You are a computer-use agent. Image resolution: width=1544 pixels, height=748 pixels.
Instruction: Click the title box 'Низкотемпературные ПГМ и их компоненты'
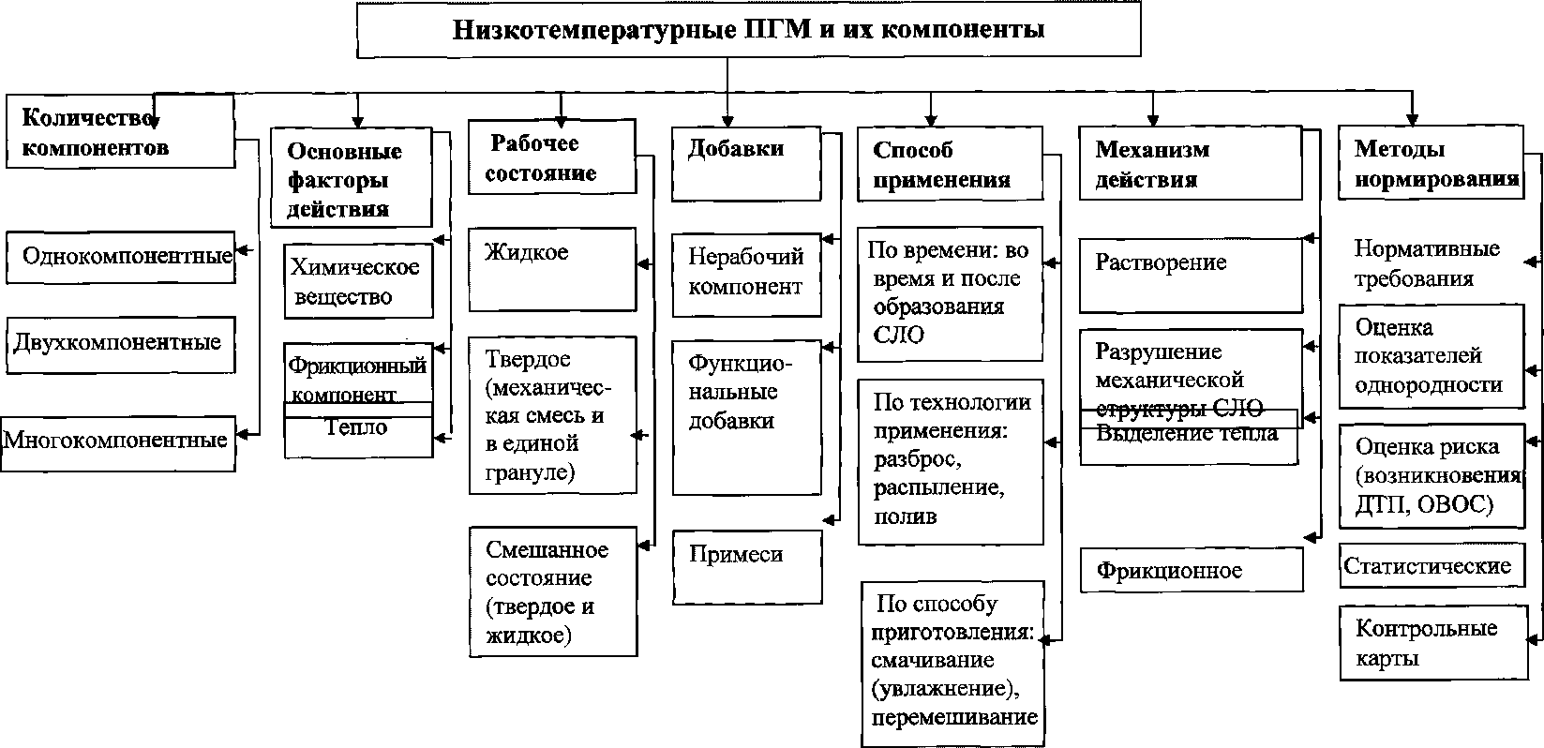click(747, 30)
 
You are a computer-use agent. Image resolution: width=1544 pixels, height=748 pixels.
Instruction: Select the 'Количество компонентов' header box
click(119, 132)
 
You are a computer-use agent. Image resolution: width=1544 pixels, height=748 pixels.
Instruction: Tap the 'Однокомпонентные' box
click(120, 257)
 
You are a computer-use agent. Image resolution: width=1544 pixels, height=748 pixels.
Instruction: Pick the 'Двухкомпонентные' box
click(118, 344)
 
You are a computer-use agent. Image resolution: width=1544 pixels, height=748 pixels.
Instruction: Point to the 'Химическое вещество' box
click(358, 281)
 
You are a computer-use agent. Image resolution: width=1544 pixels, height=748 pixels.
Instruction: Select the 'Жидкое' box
click(552, 269)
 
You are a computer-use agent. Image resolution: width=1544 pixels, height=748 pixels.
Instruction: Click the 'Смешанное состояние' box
click(552, 591)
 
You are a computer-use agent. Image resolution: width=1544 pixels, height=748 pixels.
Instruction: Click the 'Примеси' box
click(746, 565)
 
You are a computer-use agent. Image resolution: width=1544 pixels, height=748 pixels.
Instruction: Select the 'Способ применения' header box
click(949, 163)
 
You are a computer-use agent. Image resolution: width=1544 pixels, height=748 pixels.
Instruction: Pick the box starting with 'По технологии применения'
click(950, 461)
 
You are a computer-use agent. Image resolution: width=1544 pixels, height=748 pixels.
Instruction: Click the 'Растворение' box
click(1191, 275)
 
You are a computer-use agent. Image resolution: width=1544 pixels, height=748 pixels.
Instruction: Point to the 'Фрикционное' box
click(1191, 570)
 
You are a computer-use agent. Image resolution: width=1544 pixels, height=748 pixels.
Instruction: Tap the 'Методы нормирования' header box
click(1431, 162)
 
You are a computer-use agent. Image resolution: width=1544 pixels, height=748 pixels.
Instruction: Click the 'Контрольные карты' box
click(1431, 643)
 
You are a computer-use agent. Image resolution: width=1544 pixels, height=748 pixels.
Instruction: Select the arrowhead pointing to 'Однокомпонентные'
click(242, 250)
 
